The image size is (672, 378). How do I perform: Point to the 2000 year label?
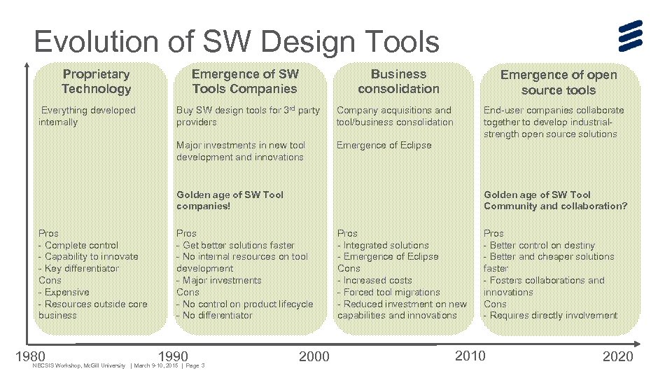[314, 357]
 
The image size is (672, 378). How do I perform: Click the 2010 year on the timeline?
[470, 356]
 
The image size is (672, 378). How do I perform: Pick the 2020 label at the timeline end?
[617, 357]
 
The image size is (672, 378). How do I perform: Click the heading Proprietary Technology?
[96, 81]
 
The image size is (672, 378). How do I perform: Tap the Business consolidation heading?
[398, 81]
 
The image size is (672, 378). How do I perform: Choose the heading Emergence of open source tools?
[558, 83]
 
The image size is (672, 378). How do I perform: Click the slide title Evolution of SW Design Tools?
[236, 42]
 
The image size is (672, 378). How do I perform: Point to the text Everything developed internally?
[87, 116]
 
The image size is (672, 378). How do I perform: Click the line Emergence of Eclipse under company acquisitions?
[384, 146]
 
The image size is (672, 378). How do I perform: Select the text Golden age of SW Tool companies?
[230, 200]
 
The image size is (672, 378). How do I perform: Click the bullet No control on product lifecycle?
[246, 304]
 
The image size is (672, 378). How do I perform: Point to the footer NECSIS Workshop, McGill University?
[78, 366]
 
